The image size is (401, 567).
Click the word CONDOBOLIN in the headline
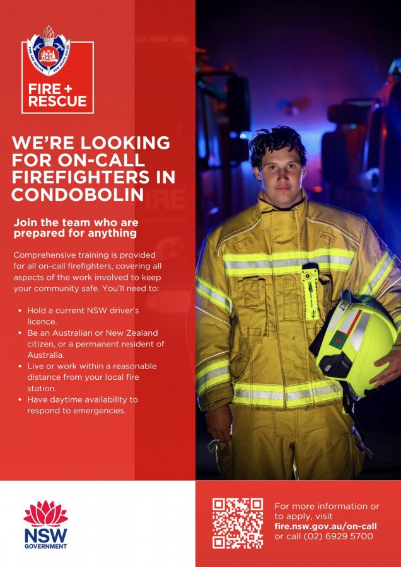click(78, 195)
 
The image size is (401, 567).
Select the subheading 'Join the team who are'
click(76, 222)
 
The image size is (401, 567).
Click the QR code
click(237, 523)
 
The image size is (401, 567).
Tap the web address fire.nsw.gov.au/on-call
click(325, 526)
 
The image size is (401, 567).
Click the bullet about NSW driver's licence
click(82, 316)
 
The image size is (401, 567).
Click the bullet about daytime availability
click(82, 405)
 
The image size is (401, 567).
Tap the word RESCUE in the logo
click(57, 101)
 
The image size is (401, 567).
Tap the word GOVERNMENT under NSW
click(45, 546)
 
